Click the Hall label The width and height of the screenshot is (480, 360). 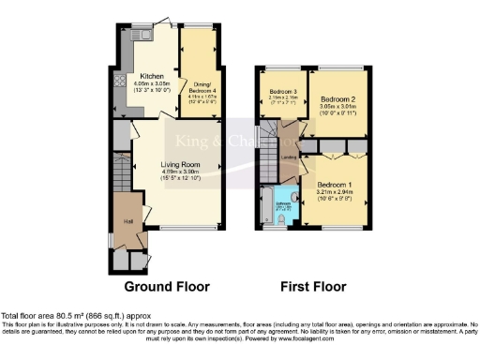[127, 221]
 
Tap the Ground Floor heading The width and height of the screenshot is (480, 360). [166, 285]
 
